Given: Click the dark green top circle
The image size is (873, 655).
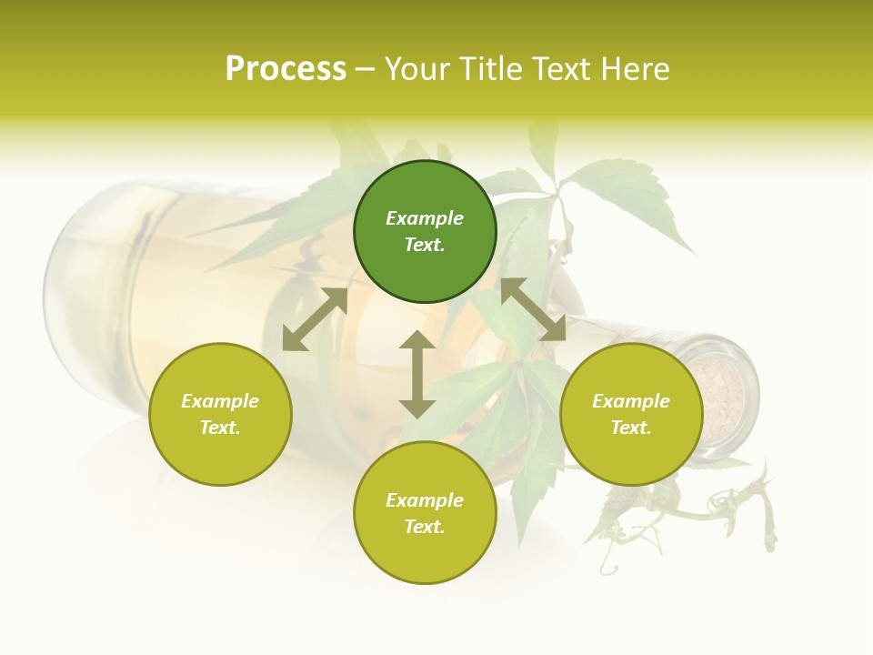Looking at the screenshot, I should click(425, 231).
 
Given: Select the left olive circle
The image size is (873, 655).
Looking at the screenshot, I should click(220, 414).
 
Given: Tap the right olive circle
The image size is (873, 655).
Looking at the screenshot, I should click(631, 414).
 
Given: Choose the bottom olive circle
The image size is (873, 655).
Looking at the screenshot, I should click(425, 512).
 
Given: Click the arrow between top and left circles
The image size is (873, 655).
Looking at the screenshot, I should click(315, 319).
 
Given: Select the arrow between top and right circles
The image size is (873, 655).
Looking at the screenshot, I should click(533, 309).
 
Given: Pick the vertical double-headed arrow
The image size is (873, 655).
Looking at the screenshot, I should click(417, 374).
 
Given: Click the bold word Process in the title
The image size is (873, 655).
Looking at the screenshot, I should click(286, 68).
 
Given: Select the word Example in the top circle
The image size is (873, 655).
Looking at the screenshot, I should click(425, 218).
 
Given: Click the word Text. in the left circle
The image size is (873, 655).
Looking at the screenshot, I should click(220, 428).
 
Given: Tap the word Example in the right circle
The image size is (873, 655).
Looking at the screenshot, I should click(631, 401).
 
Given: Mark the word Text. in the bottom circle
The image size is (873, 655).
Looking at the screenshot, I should click(425, 527).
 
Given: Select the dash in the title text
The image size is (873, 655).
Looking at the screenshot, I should click(366, 69).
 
